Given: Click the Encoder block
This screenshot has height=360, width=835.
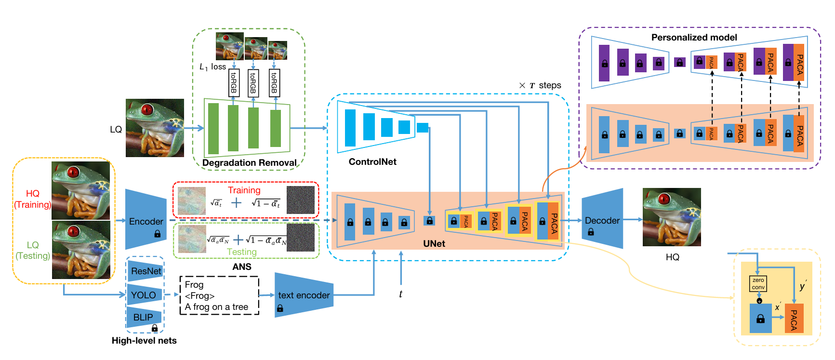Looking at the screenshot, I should click(146, 220).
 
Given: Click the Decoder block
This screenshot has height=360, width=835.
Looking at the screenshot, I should click(602, 219).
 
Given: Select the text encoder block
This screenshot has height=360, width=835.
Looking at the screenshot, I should click(304, 295).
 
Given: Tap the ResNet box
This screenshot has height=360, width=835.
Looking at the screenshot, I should click(146, 271).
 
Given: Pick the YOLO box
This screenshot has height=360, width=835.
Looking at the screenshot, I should click(143, 295).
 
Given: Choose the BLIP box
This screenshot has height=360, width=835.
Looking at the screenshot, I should click(143, 317).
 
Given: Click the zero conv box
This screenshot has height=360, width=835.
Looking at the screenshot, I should click(758, 283).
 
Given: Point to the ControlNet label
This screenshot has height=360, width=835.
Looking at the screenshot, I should click(372, 162).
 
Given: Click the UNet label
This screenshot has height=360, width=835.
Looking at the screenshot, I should click(434, 243).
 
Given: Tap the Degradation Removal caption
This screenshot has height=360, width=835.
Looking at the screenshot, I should click(249, 163).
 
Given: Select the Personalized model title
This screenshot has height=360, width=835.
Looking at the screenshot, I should click(694, 38).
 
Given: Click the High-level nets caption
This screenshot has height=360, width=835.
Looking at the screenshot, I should click(144, 341).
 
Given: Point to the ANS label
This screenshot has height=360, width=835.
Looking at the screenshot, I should click(242, 267).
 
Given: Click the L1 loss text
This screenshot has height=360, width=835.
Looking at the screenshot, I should click(212, 67).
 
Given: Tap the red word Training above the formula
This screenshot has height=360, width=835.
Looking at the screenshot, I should click(244, 190).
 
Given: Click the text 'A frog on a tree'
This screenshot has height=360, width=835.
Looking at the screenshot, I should click(216, 307).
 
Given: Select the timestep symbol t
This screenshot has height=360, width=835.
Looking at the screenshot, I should click(400, 294).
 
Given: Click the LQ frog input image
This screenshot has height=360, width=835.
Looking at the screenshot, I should click(155, 128).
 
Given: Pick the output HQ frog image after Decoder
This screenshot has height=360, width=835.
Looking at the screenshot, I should click(672, 217).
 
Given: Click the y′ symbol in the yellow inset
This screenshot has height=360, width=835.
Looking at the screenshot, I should click(802, 286).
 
